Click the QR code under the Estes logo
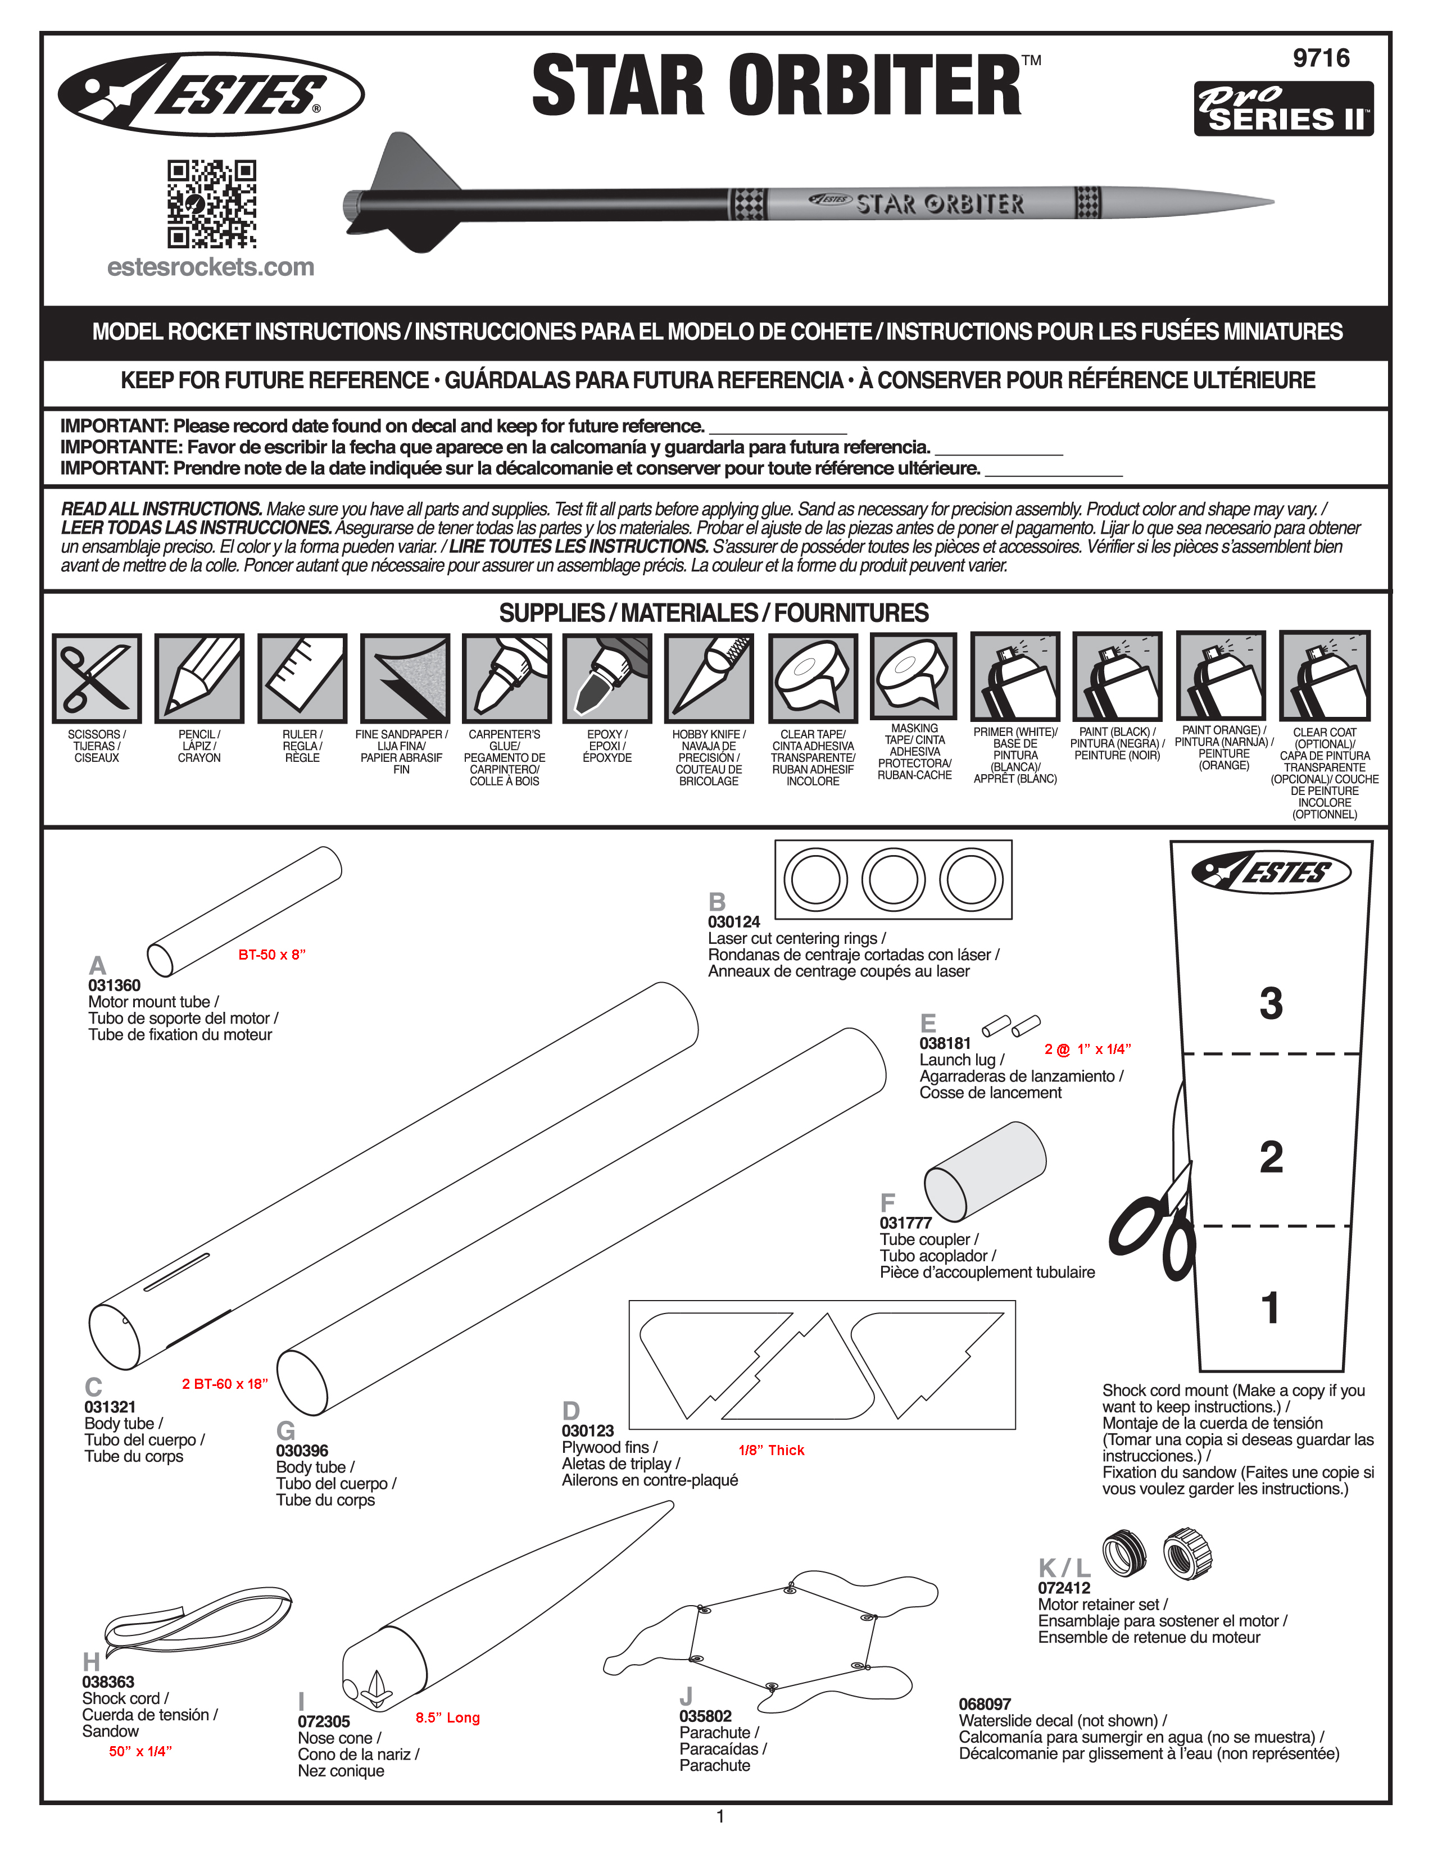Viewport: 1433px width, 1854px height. (211, 205)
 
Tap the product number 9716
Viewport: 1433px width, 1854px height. (1321, 58)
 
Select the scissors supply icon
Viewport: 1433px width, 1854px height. (97, 678)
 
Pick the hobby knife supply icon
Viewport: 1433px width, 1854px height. (709, 678)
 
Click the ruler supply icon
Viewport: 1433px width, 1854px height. (302, 678)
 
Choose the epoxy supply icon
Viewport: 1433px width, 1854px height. (607, 678)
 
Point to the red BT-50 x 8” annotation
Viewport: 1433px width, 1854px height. (271, 955)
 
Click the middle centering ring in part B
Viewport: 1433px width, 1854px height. (893, 879)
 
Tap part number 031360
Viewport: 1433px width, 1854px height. (115, 985)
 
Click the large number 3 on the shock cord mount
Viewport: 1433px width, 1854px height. (1271, 1003)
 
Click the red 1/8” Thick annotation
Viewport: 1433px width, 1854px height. (771, 1451)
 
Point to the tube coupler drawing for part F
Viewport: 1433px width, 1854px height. (985, 1171)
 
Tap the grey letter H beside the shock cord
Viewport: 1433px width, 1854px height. (91, 1662)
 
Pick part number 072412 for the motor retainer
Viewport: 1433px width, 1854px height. (1064, 1588)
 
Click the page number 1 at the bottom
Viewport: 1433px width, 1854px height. (720, 1817)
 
